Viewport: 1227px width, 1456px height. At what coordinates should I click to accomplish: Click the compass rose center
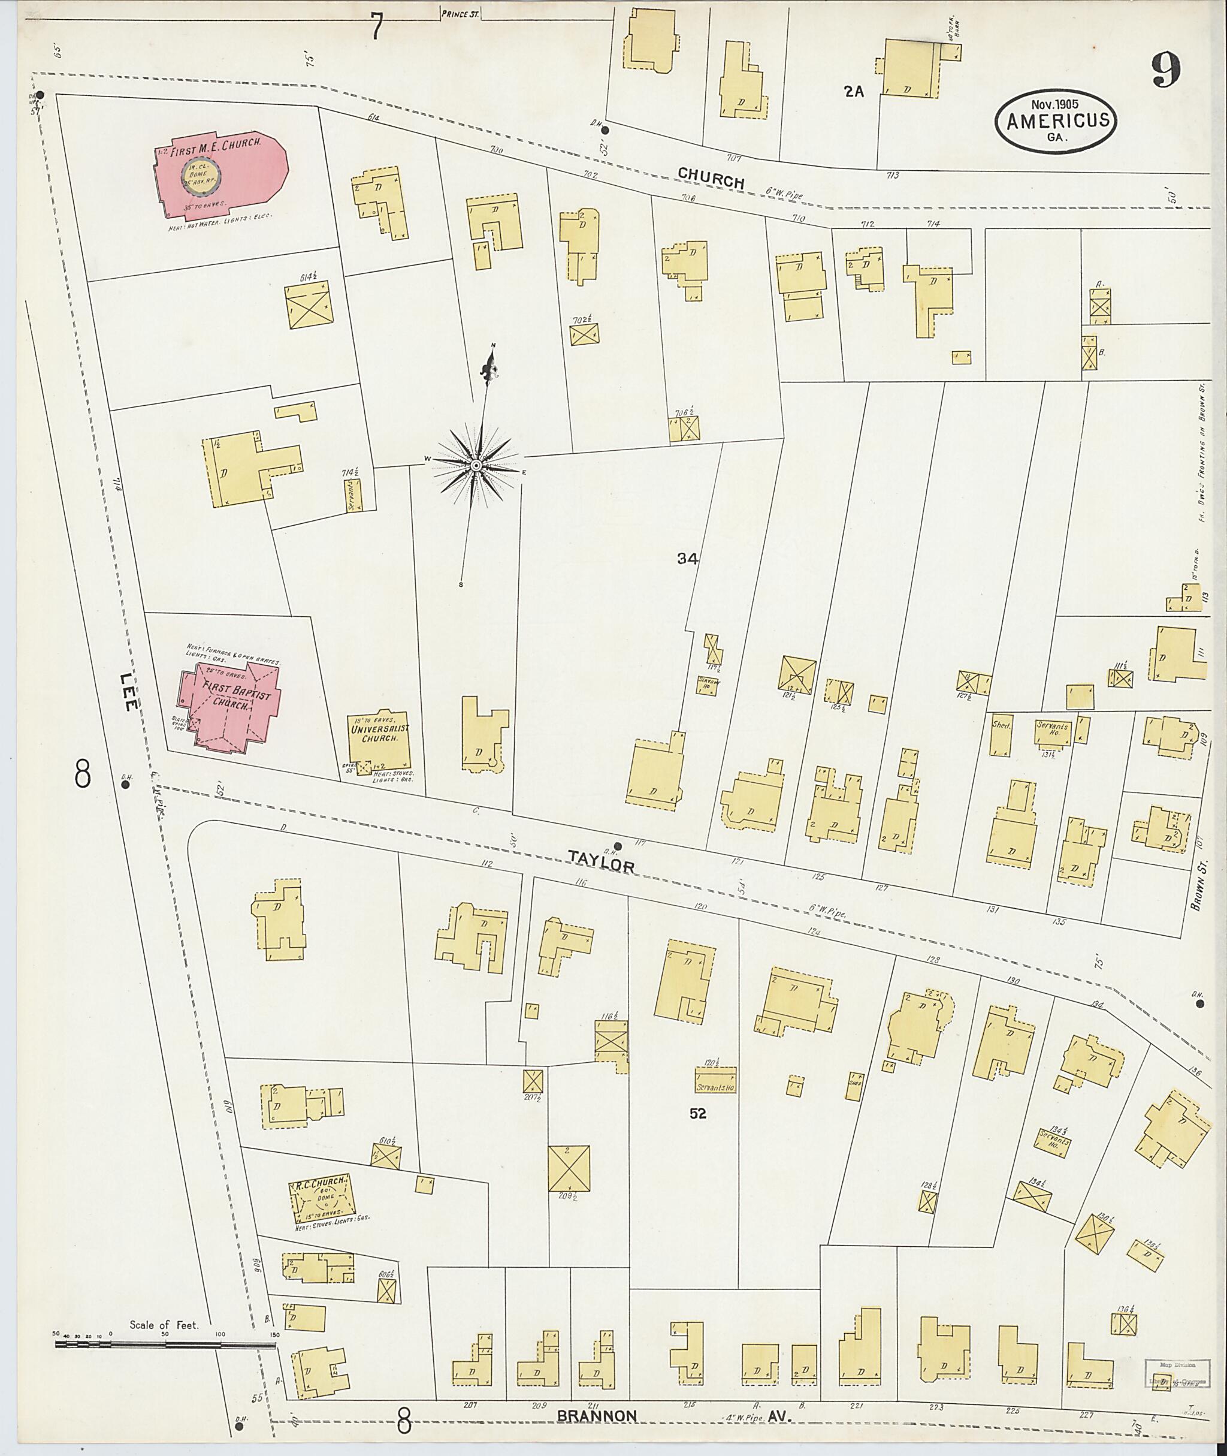(x=476, y=465)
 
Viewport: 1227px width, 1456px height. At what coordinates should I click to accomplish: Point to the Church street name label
(x=711, y=178)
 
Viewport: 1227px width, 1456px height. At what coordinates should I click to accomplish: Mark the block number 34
(x=687, y=558)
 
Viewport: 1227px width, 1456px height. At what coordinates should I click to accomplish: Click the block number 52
(x=697, y=1114)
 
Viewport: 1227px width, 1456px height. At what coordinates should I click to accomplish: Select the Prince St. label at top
(x=460, y=12)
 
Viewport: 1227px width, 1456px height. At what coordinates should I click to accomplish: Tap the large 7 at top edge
(x=376, y=26)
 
